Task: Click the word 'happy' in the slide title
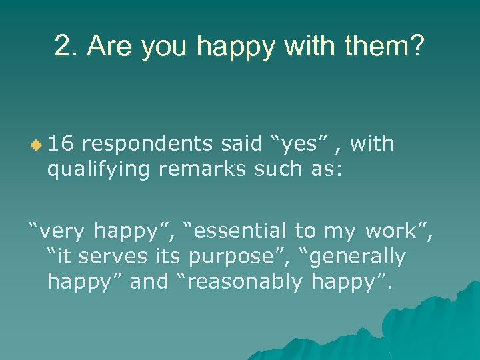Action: [229, 47]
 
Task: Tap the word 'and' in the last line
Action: [150, 282]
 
